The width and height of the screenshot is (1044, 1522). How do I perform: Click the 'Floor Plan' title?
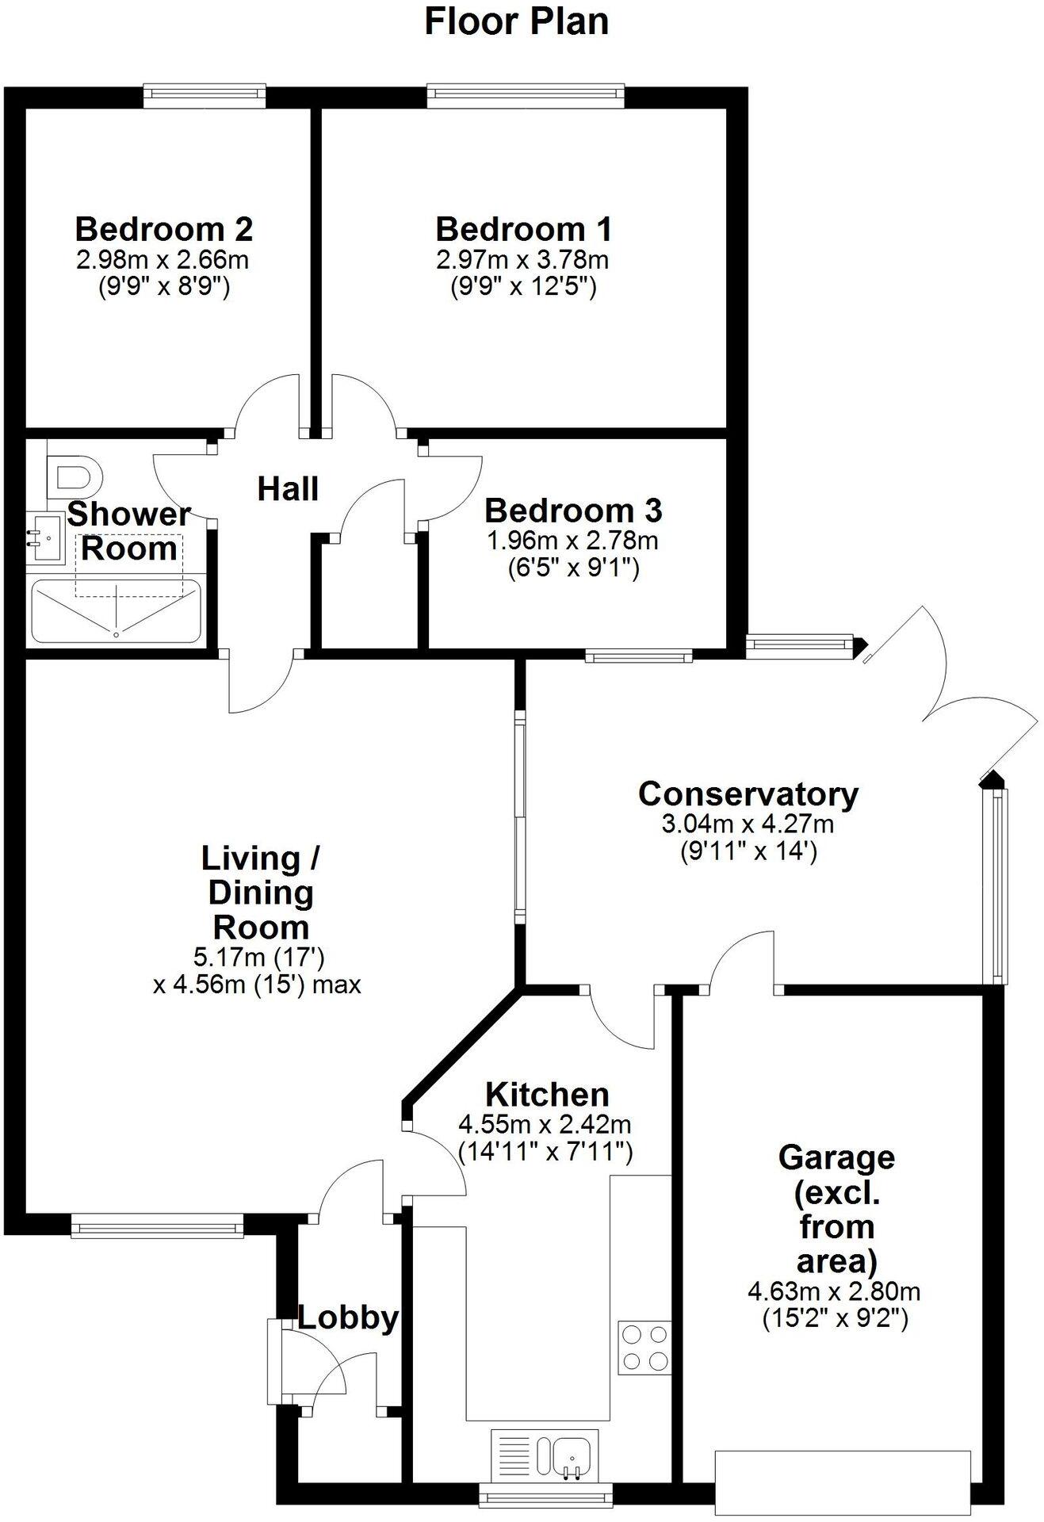tap(516, 21)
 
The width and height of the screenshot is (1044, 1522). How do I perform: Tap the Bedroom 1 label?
tap(523, 229)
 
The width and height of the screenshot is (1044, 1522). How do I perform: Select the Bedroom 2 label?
tap(164, 229)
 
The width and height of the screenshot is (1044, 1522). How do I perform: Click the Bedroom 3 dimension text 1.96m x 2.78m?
tap(572, 541)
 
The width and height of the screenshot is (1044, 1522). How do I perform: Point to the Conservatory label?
tap(748, 794)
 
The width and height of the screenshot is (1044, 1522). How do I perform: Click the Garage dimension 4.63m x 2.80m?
tap(834, 1291)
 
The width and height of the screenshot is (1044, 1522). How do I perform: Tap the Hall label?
tap(288, 489)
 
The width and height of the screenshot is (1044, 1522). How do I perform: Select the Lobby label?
tap(348, 1317)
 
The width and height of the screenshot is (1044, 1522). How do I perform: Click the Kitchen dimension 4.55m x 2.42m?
tap(545, 1124)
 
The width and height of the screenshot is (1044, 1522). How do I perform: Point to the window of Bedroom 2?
tap(205, 96)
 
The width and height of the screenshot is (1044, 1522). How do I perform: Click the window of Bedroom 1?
tap(526, 96)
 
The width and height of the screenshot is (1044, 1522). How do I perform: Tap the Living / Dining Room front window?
tap(157, 1229)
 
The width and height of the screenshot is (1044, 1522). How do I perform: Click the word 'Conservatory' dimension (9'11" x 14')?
tap(748, 852)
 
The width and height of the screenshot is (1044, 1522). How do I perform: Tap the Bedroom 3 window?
tap(639, 656)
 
